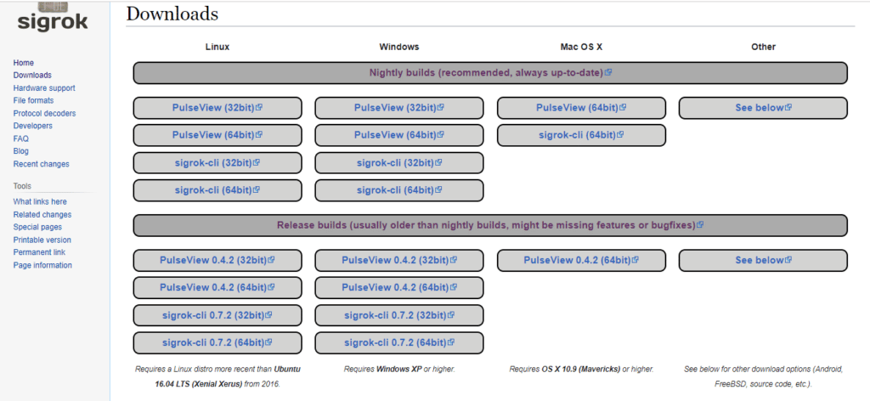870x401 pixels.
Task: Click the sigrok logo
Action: coord(53,17)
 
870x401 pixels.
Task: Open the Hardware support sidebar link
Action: coord(44,88)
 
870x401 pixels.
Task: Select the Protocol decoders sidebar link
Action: coord(44,113)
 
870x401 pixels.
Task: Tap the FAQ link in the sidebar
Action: coord(21,138)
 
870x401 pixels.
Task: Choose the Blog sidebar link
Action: coord(21,151)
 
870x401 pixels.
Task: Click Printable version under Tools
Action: coord(42,240)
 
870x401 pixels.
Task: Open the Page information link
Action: coord(42,265)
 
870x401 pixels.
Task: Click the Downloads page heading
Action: coord(172,14)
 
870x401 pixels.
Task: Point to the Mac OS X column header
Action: coord(581,47)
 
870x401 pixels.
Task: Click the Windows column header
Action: coord(399,47)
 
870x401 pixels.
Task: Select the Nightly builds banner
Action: coord(490,73)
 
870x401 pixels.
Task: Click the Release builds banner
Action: coord(490,226)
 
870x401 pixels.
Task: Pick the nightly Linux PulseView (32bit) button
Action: coord(217,108)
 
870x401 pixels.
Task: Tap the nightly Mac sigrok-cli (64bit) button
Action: coord(581,135)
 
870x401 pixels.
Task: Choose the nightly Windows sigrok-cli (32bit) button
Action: coord(399,163)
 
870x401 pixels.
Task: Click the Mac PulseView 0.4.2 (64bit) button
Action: coord(581,260)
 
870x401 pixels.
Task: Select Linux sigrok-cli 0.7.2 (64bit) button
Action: coord(217,342)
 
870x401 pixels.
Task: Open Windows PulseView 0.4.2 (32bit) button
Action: coord(399,260)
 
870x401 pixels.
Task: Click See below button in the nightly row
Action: coord(763,108)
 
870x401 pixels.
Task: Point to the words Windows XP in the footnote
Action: coord(399,369)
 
